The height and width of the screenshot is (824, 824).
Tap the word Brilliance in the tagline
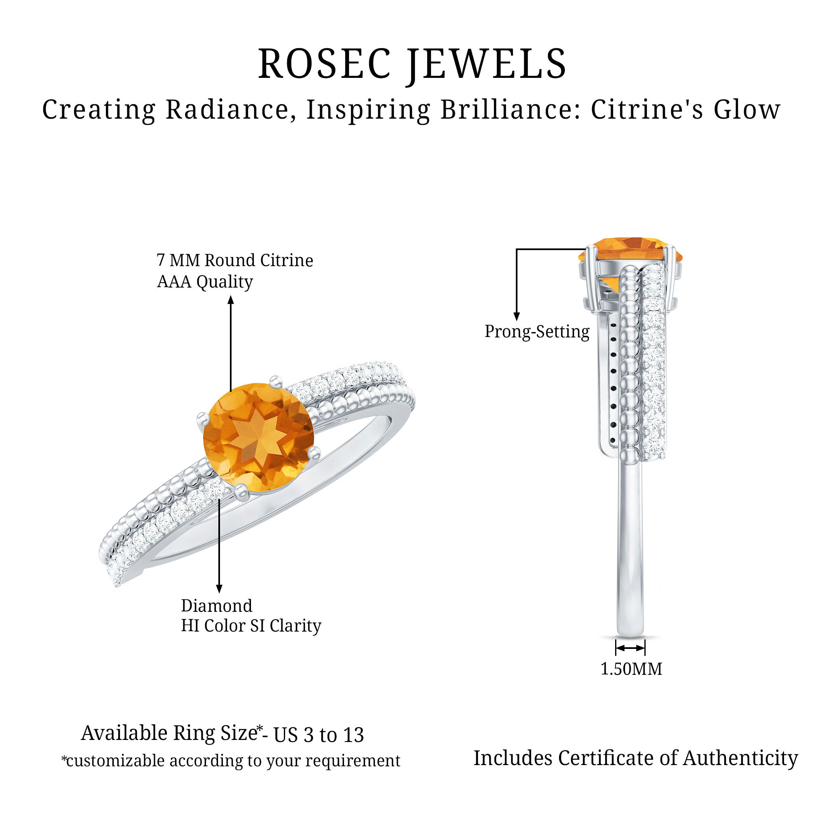508,110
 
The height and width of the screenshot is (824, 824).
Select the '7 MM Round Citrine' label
235,260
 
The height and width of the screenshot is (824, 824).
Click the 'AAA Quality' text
205,282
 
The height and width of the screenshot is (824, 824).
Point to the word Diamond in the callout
217,606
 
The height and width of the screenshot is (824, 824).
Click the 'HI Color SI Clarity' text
251,626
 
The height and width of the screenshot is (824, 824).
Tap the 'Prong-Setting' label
537,332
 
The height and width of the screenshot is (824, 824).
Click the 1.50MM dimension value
631,669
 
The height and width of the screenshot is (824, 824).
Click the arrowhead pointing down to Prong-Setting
517,316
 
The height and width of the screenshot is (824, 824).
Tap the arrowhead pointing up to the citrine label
231,301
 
